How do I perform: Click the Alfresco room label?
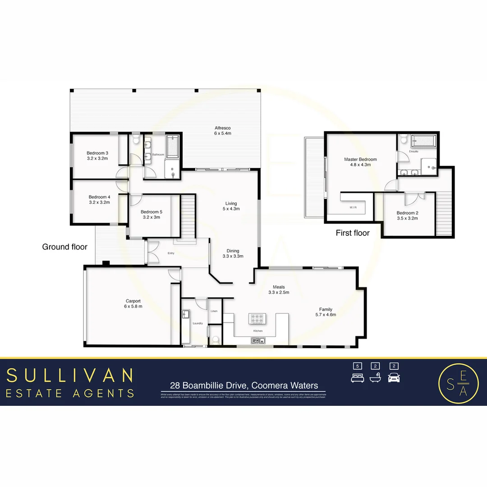(x=222, y=128)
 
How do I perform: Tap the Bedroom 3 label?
(x=97, y=153)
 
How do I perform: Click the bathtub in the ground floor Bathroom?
(x=173, y=145)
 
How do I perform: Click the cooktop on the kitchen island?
(x=257, y=319)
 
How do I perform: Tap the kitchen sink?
(x=257, y=340)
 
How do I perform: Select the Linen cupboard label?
(x=214, y=311)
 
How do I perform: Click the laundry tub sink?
(x=185, y=314)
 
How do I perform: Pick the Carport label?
(x=133, y=301)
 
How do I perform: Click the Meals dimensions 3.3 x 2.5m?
(x=279, y=292)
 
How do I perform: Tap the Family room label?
(x=326, y=309)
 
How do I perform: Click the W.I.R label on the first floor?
(x=353, y=208)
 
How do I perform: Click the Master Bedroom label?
(x=360, y=159)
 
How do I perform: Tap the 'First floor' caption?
(x=353, y=233)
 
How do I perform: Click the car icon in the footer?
(x=394, y=378)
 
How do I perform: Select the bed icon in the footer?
(x=357, y=378)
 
